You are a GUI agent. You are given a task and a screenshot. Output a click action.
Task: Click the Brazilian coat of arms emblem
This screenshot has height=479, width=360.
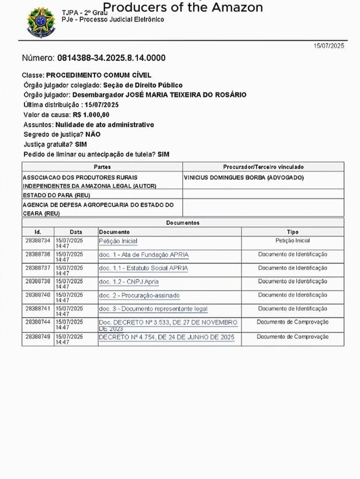pos(40,22)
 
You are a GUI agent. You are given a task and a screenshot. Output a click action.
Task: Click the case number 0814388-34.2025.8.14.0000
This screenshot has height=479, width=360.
pos(111,58)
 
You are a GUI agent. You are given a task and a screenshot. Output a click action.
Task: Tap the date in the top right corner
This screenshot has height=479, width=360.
pos(329,46)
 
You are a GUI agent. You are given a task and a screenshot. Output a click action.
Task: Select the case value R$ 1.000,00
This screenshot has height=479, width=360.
pos(91,115)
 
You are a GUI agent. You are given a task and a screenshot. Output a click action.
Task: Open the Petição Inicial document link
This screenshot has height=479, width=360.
pos(118,241)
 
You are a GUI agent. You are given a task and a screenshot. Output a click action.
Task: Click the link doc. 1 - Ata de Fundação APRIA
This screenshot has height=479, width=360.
pos(144,255)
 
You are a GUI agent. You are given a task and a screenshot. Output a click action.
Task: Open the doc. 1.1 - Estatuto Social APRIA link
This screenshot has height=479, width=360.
pos(143,268)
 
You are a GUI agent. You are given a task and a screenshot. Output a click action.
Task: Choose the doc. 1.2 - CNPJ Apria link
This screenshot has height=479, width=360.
pos(129,282)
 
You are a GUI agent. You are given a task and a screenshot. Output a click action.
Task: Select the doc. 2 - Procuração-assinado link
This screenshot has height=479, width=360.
pos(139,296)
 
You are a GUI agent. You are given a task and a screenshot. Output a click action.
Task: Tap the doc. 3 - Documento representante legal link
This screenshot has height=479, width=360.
pos(153,309)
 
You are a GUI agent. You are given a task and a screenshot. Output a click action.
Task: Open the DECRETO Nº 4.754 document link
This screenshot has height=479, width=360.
pos(166,337)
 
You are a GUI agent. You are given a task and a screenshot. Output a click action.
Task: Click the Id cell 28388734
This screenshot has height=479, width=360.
pos(38,240)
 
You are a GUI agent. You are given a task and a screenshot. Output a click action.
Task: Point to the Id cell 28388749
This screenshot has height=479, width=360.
pos(38,337)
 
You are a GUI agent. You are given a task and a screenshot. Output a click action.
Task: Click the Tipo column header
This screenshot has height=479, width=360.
pos(293,232)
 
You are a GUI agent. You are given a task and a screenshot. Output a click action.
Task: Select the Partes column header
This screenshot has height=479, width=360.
pos(102,167)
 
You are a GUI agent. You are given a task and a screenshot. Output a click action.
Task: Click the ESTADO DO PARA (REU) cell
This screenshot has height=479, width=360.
pos(56,195)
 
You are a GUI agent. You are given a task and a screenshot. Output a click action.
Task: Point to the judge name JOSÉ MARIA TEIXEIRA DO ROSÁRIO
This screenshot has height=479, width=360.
pos(159,95)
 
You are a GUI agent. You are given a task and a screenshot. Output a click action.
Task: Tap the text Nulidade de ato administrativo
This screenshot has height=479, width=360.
pos(104,125)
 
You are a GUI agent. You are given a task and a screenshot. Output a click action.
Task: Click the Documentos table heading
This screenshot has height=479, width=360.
pos(183,223)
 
